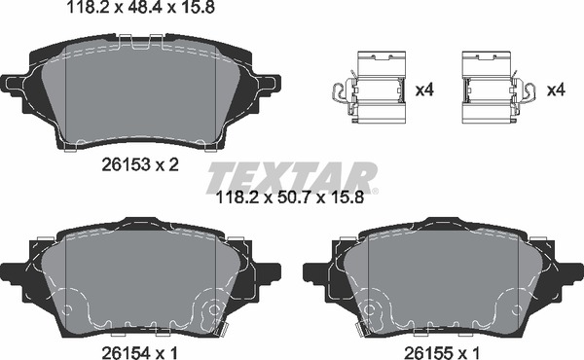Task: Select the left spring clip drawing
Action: coord(367,90)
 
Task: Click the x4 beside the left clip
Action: coord(423,90)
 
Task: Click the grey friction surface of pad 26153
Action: coord(141,92)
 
